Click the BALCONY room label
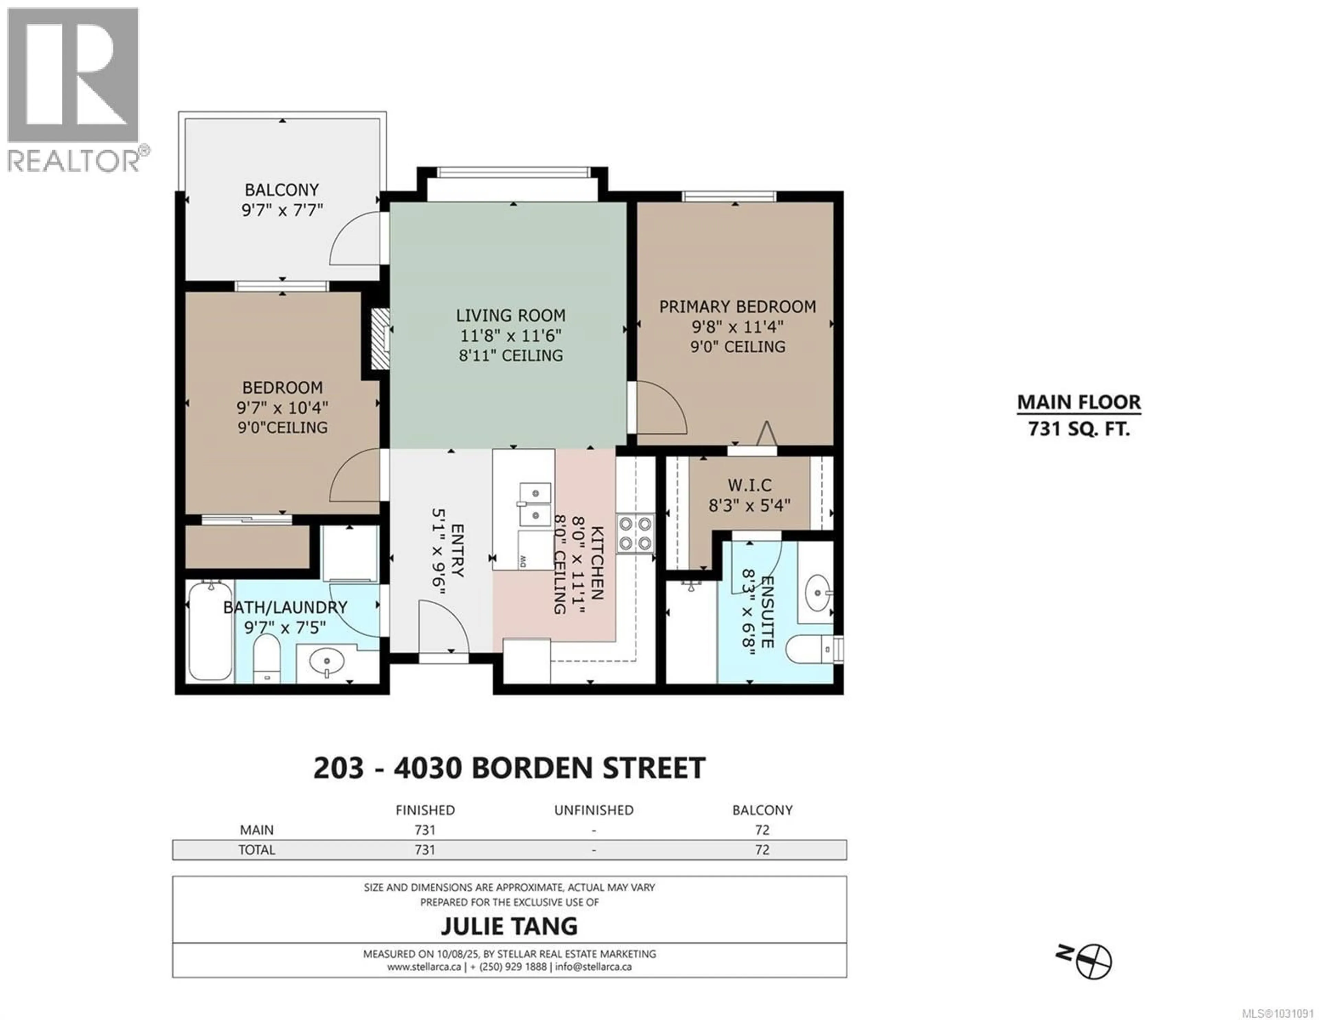pyautogui.click(x=281, y=190)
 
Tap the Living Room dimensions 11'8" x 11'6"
pyautogui.click(x=511, y=335)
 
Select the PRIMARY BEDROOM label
pyautogui.click(x=737, y=307)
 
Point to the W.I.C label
pyautogui.click(x=749, y=485)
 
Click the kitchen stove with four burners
pyautogui.click(x=635, y=533)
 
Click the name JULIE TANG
pyautogui.click(x=509, y=926)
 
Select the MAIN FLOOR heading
pyautogui.click(x=1079, y=402)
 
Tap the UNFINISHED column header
pyautogui.click(x=594, y=810)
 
